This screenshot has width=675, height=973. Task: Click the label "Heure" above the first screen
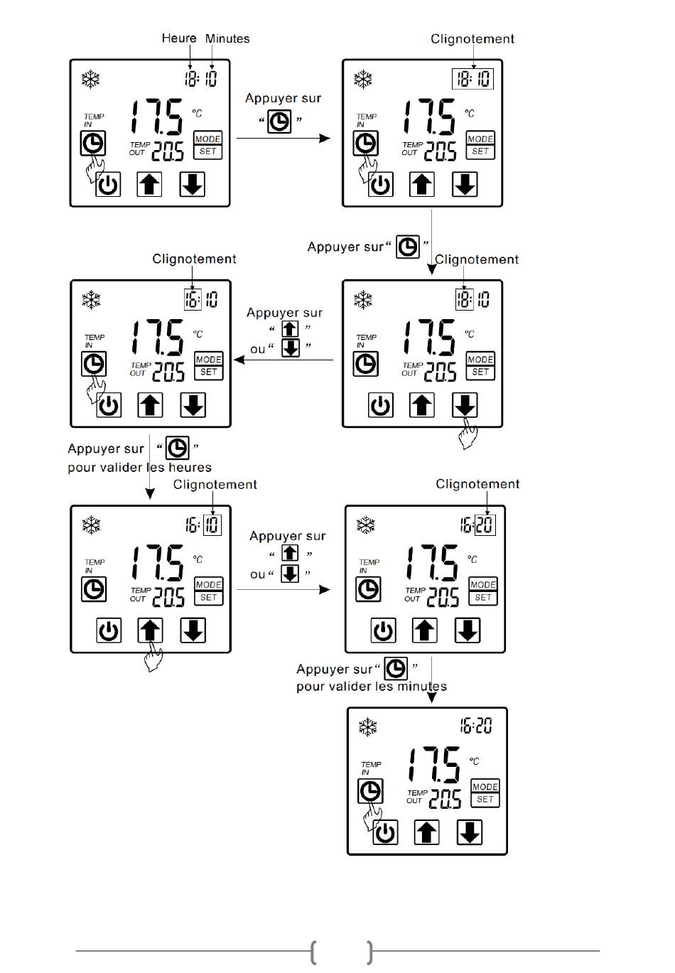click(178, 38)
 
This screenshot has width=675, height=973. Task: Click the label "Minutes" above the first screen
click(227, 38)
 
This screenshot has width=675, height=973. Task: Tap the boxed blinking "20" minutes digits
click(485, 525)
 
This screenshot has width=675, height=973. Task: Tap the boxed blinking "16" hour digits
click(192, 299)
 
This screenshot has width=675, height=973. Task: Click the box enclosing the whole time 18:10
click(472, 78)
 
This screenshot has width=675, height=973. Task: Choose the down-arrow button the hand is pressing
click(465, 406)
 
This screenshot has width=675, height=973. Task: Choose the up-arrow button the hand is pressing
click(150, 630)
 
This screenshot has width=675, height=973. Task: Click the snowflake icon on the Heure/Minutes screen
click(90, 78)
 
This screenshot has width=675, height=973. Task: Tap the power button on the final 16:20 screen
click(385, 832)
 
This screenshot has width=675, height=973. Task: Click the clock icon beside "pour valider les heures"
click(177, 448)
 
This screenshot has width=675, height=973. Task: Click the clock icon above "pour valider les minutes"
click(395, 668)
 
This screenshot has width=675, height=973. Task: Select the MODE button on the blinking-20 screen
click(483, 584)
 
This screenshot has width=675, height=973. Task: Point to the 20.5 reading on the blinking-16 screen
click(168, 372)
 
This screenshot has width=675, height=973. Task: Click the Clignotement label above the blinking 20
click(477, 484)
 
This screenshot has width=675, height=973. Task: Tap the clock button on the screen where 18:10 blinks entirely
click(366, 144)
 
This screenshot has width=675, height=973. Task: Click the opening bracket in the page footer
click(313, 952)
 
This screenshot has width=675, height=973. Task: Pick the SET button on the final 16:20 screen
click(485, 800)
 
